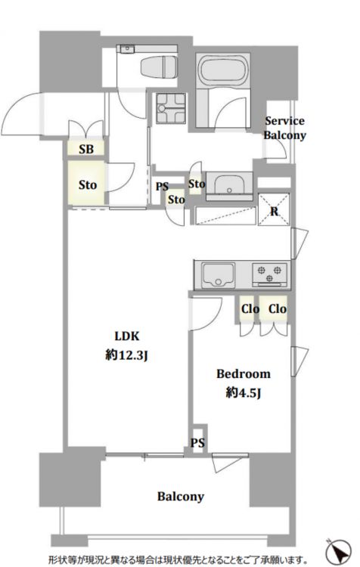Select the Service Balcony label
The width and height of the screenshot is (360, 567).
284,128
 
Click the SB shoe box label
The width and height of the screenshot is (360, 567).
86,149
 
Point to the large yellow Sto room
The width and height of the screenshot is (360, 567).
87,184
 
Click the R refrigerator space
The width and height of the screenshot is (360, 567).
274,210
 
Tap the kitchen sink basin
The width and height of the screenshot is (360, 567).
218,275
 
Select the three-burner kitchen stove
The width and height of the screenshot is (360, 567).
269,274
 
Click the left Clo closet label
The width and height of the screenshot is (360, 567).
250,308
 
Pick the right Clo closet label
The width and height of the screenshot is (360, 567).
278,308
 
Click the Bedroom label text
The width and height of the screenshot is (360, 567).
243,373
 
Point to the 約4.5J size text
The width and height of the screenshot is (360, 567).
243,392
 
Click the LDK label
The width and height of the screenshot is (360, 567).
126,336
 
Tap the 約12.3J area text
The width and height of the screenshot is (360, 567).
126,355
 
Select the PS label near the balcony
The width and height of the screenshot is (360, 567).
197,442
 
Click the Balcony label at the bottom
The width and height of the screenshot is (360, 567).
181,496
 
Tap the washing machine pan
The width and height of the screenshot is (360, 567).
170,108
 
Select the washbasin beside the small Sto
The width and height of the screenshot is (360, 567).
229,184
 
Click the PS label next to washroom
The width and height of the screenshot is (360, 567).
162,187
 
